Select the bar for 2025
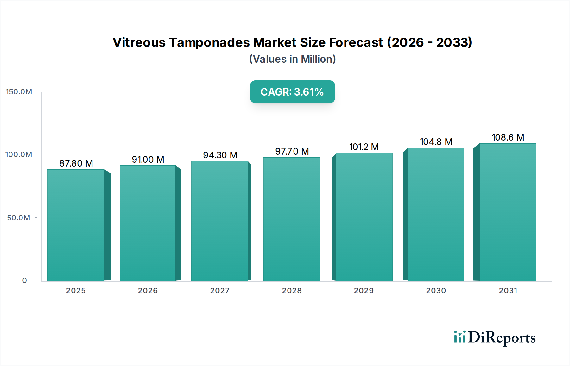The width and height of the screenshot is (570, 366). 76,225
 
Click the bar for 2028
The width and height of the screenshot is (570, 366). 292,219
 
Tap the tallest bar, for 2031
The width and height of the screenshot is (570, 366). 508,212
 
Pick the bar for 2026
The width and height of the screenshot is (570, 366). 148,223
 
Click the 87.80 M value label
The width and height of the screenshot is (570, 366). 76,163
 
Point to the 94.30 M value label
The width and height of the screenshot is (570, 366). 220,155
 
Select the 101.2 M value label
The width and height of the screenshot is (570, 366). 364,147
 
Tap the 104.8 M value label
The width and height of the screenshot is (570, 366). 436,142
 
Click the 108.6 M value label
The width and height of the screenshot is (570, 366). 508,137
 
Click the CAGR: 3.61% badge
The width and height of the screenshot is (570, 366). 292,92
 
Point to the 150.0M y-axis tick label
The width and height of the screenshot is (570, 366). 19,92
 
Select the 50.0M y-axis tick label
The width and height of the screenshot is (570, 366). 19,218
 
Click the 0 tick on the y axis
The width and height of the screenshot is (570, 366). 25,281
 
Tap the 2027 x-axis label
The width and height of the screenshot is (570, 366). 220,291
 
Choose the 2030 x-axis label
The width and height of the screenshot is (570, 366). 436,291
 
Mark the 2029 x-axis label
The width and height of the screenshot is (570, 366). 364,291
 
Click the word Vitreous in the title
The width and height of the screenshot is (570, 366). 139,42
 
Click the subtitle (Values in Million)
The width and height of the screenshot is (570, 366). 292,59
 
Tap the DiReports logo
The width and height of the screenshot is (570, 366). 495,338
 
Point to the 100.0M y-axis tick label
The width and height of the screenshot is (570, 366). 19,155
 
